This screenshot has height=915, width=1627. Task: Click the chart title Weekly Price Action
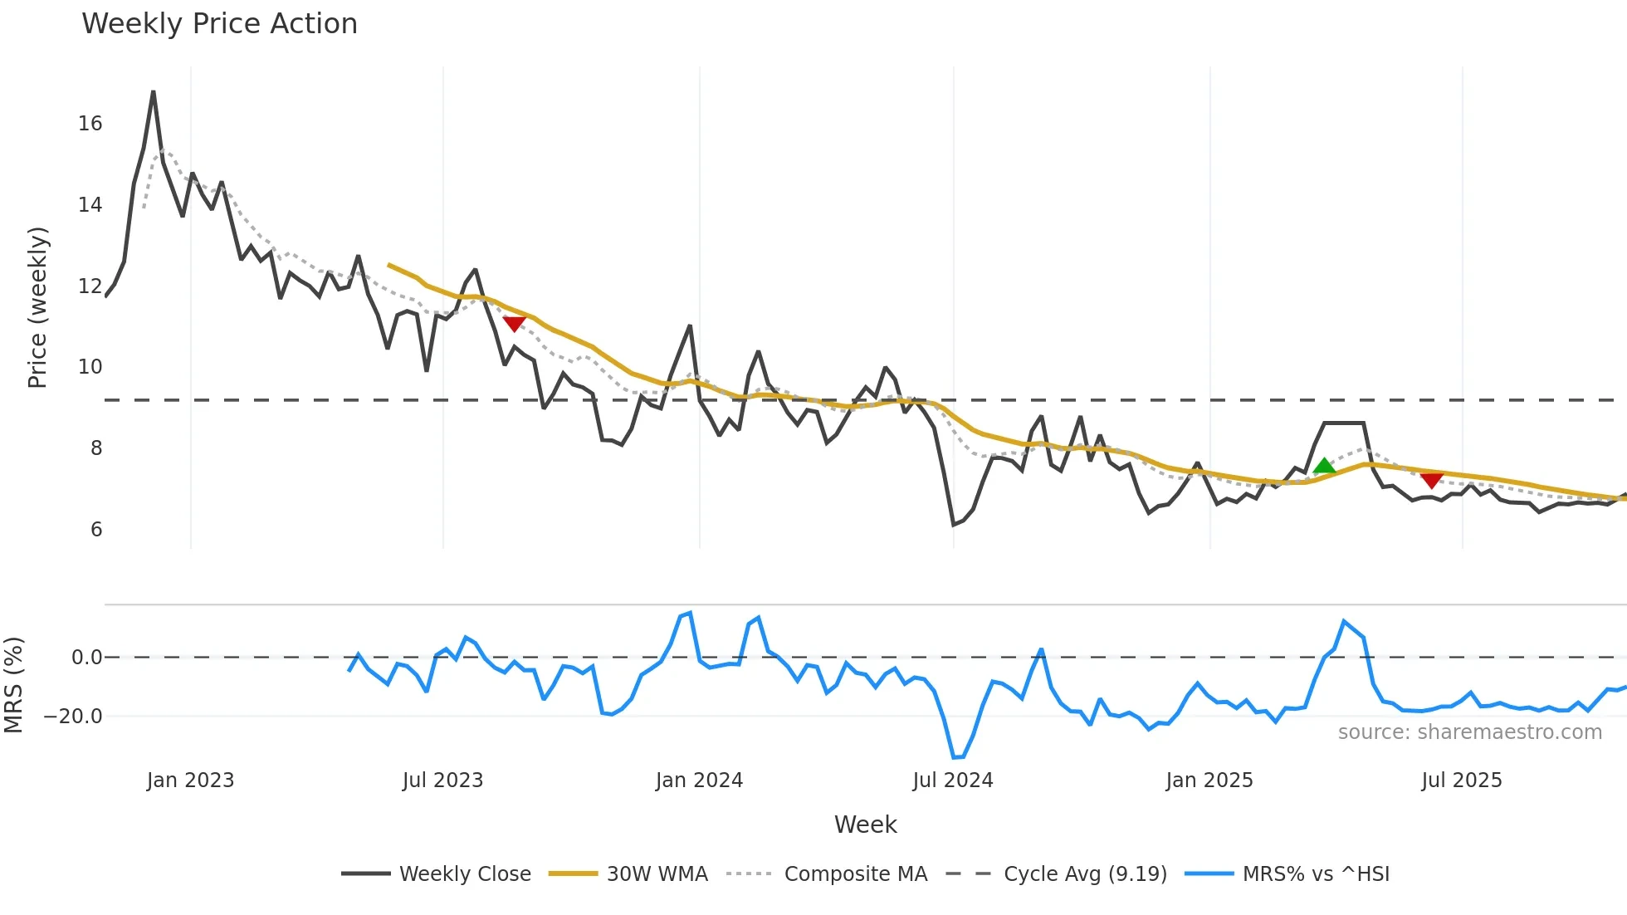click(219, 24)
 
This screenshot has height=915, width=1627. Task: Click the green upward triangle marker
click(1325, 466)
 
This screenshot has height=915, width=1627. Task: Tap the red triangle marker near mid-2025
click(1431, 480)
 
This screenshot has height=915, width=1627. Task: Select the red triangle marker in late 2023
click(514, 324)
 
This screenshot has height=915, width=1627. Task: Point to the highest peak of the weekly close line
click(154, 92)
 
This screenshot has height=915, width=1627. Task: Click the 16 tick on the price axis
click(90, 124)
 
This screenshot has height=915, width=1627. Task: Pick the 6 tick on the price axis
click(96, 530)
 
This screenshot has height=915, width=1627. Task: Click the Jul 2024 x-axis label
click(952, 780)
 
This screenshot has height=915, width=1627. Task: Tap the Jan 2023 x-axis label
click(190, 780)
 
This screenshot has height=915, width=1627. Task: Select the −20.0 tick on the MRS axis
click(73, 717)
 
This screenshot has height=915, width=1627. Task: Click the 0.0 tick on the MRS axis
click(86, 658)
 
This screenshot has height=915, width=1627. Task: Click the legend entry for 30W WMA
click(657, 874)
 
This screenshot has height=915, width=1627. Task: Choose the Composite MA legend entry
click(855, 874)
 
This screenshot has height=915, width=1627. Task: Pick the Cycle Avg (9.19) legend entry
click(1084, 874)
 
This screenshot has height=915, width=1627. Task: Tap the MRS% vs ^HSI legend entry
click(1315, 874)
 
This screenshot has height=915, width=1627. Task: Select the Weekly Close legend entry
click(464, 874)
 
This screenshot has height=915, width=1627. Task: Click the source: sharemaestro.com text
click(1469, 732)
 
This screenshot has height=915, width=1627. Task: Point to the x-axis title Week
click(865, 824)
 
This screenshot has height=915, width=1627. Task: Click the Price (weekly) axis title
click(37, 307)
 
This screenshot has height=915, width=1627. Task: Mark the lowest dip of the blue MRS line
click(955, 757)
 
